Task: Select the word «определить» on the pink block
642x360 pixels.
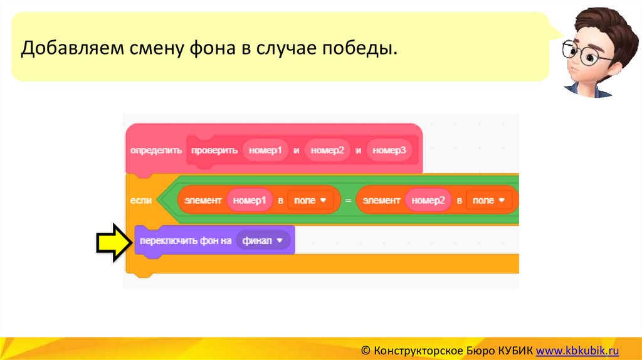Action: pyautogui.click(x=156, y=151)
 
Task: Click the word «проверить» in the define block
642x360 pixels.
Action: pyautogui.click(x=214, y=151)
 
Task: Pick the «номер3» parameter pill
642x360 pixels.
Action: pyautogui.click(x=389, y=151)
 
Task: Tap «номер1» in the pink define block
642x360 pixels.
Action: pyautogui.click(x=265, y=151)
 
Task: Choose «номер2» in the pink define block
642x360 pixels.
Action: pyautogui.click(x=327, y=151)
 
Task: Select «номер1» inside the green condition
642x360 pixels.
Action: pyautogui.click(x=250, y=201)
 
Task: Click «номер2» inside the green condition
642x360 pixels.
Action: pyautogui.click(x=428, y=201)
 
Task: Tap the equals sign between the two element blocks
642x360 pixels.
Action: pyautogui.click(x=348, y=201)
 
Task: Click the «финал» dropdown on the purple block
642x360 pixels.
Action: pyautogui.click(x=263, y=241)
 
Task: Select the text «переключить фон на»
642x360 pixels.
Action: pyautogui.click(x=186, y=241)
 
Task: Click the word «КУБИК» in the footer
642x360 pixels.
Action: pyautogui.click(x=514, y=350)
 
